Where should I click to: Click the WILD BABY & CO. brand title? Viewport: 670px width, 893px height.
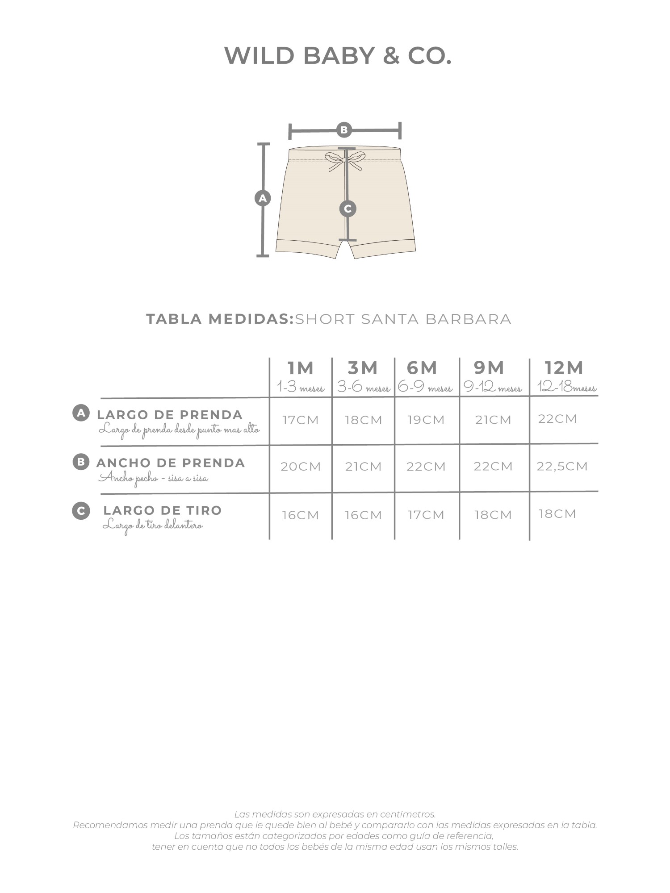(x=338, y=56)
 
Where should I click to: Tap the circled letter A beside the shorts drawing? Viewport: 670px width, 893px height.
(x=263, y=198)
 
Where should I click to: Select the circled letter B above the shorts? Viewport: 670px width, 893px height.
(x=344, y=130)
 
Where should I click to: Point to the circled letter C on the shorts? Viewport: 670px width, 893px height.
(x=348, y=209)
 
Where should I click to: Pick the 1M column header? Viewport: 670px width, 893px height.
(x=300, y=368)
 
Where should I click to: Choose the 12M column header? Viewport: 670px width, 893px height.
(x=564, y=368)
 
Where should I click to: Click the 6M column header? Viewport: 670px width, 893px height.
(x=422, y=368)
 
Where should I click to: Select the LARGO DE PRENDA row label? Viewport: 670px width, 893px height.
(x=170, y=415)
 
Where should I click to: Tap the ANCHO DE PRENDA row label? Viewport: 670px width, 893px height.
(x=171, y=463)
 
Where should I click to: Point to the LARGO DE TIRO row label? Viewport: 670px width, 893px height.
(x=163, y=510)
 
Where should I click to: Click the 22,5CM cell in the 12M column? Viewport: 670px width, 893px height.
(x=562, y=467)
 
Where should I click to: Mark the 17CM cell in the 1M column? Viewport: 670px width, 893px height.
(x=301, y=420)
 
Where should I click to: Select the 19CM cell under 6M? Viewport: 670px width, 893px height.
(x=426, y=420)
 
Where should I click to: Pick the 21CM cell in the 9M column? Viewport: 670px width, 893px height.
(x=493, y=420)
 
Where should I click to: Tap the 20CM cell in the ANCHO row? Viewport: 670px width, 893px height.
(x=301, y=467)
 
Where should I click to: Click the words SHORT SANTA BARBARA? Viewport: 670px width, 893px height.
(x=403, y=319)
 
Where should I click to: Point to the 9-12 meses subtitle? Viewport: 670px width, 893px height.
(x=493, y=387)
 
